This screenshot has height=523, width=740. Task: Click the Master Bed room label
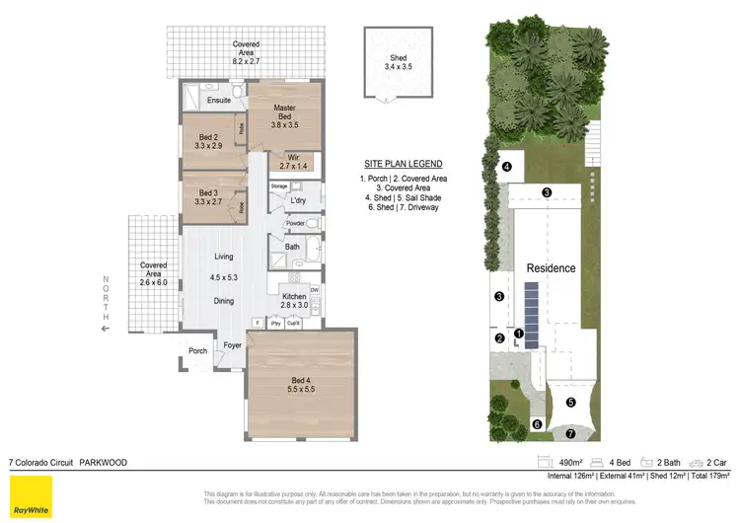284,112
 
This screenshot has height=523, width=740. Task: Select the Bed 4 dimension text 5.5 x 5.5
299,389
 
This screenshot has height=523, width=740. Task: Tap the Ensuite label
219,100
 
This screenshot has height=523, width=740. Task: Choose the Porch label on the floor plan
198,350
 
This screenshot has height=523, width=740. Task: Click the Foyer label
233,345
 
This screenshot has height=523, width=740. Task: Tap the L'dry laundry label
297,200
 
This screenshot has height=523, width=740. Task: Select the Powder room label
294,223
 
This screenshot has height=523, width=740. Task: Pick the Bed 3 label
207,192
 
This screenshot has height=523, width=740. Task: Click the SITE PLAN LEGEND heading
403,163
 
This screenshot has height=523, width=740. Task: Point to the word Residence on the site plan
551,268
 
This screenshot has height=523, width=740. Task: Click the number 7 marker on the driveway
569,433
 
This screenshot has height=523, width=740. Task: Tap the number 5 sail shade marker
570,403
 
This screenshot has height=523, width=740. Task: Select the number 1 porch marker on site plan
519,334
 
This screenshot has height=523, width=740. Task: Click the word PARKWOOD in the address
102,461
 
